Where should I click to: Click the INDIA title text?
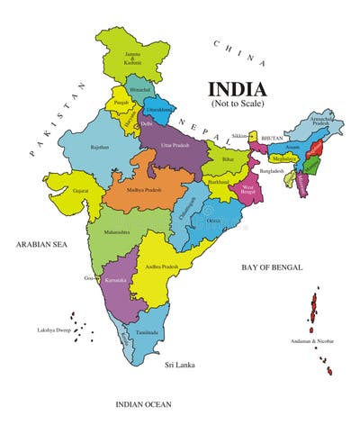238,89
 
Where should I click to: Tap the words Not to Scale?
238,104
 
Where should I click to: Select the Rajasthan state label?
99,147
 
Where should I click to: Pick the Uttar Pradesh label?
178,145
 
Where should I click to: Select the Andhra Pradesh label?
162,267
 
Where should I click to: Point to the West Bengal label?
247,190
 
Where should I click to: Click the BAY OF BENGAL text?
272,267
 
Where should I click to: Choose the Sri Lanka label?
180,367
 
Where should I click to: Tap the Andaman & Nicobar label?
311,340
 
